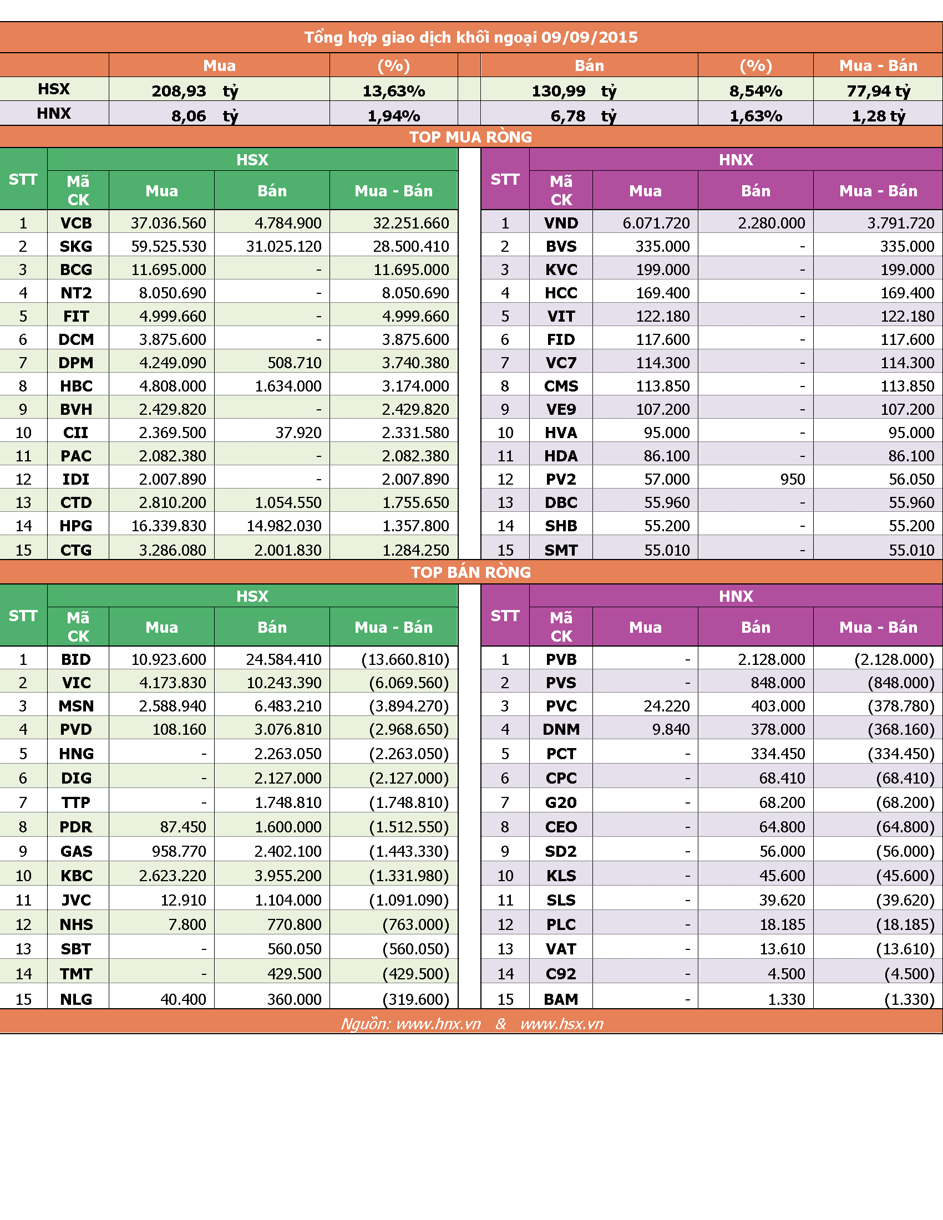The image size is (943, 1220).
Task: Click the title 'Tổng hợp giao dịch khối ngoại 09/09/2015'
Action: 471,37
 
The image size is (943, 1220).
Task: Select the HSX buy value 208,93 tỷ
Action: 195,91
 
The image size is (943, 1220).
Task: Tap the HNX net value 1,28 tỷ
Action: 878,116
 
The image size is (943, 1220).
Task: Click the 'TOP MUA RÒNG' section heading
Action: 470,137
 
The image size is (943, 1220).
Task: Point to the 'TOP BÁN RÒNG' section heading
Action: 471,572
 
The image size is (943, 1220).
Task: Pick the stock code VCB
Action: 76,223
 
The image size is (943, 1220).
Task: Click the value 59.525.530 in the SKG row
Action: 169,246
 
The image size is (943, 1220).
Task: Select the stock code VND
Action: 561,223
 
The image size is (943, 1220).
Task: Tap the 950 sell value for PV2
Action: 793,479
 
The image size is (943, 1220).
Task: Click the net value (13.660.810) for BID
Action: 405,660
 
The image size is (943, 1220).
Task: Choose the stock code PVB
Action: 561,660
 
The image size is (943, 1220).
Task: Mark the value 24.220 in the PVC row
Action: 666,706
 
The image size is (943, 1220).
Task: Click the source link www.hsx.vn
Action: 561,1023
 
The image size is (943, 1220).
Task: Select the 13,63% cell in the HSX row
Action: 394,91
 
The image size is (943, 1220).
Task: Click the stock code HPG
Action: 76,526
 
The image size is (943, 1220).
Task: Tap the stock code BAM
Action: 561,999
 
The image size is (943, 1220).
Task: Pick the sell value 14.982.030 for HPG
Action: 284,526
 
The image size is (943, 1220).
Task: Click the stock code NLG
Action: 76,999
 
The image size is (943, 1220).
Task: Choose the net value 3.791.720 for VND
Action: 900,223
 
